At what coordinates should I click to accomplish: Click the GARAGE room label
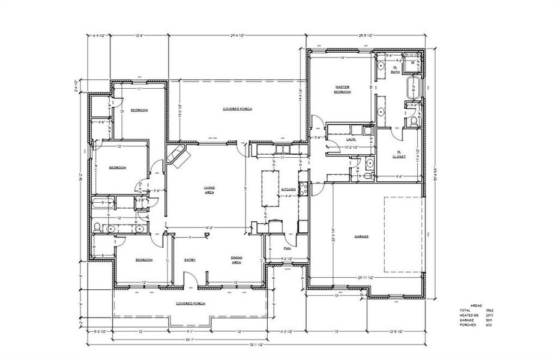click(x=361, y=236)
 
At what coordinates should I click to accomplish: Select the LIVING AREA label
click(x=209, y=190)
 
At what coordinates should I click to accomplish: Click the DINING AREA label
click(x=236, y=260)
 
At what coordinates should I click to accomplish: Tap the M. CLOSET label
click(x=399, y=154)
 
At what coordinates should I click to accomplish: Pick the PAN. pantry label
click(x=287, y=247)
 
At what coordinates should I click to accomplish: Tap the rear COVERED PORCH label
click(x=237, y=109)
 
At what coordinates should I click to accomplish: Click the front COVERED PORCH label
click(x=189, y=304)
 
